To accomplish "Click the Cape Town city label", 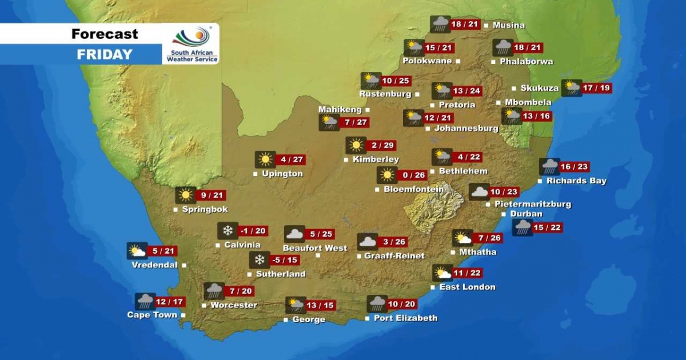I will pos(152,315).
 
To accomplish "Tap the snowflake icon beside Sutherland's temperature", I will pos(260,260).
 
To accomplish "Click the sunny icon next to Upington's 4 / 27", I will pos(265,159).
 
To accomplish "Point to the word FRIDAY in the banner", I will pos(105,55).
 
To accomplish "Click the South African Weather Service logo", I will pos(191,44).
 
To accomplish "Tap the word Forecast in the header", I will pos(105,34).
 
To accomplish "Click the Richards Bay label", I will pos(576,181).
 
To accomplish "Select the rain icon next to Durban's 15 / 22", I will pos(522,227).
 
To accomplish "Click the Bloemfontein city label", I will pos(413,189).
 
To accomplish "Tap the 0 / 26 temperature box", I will pos(412,175).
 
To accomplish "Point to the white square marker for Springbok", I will pos(176,210).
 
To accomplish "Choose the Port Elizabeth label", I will pos(405,318).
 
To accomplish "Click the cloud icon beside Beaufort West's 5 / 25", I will pos(294,234).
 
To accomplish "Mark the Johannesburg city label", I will pos(466,128).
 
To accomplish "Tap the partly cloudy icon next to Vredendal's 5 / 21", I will pos(137,251).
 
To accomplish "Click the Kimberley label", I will pos(376,159).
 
